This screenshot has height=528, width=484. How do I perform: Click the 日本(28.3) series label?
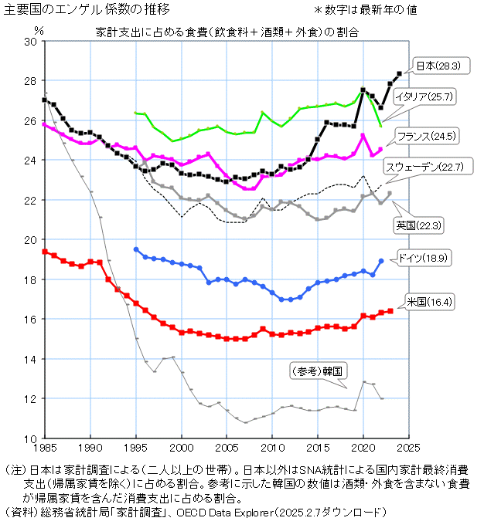tap(439, 66)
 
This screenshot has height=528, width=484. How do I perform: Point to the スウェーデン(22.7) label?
tap(424, 166)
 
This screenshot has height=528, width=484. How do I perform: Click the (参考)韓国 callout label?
tap(315, 371)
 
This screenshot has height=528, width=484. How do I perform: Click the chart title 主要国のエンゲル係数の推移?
tap(87, 10)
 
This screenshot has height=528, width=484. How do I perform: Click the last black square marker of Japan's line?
tap(399, 74)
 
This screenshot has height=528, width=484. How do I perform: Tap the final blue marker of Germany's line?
tap(381, 261)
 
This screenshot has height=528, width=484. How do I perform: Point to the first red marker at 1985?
tap(45, 252)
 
